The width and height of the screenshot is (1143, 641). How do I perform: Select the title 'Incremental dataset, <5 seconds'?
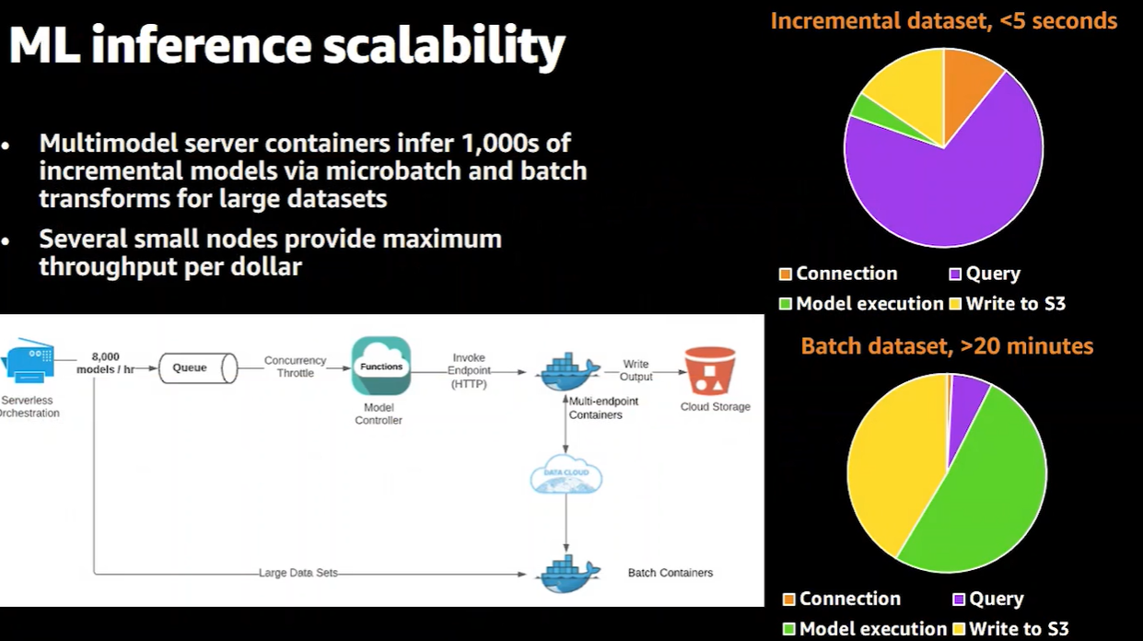coord(943,20)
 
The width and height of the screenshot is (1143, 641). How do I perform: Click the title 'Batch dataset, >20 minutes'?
coord(947,346)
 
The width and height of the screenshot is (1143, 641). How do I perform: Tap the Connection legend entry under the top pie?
coord(837,274)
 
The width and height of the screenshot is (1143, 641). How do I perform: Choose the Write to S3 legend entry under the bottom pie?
coord(1009,629)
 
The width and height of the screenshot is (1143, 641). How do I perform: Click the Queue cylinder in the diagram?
coord(197,368)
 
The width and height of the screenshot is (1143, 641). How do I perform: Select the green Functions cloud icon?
coord(380,366)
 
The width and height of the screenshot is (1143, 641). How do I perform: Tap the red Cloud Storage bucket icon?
coord(710,372)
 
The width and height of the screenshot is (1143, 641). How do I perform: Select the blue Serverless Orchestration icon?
coord(29,365)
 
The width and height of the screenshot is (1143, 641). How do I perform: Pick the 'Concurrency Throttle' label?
coord(295,367)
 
